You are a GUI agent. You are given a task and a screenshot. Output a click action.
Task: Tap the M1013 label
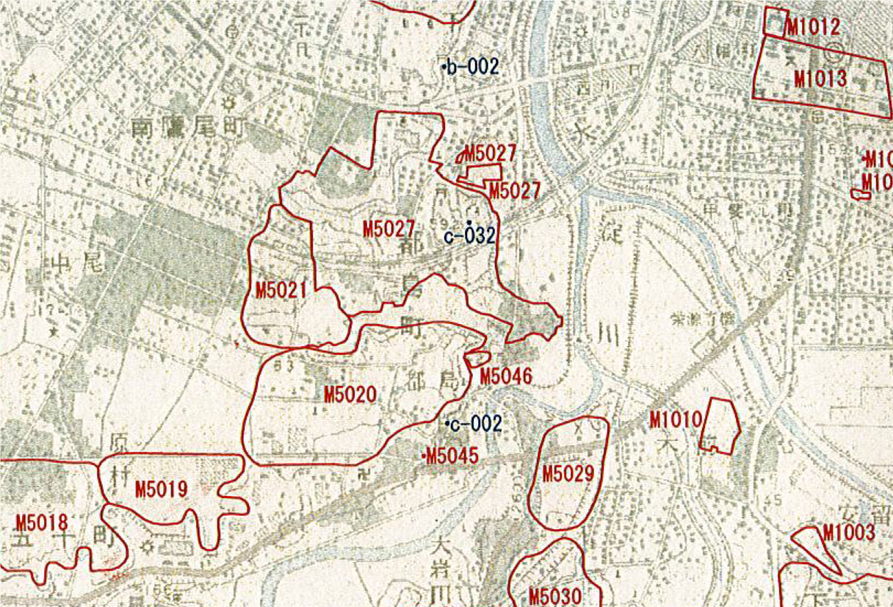pos(820,79)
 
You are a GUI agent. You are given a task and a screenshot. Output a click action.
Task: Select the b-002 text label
pos(474,68)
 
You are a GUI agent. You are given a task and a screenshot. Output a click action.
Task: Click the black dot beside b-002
pos(444,68)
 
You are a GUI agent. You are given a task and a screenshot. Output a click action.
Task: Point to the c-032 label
pos(470,237)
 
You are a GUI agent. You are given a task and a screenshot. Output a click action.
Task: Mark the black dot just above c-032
pos(469,222)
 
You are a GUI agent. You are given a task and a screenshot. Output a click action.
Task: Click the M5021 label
pos(280,290)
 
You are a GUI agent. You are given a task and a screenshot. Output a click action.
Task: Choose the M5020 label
pos(350,395)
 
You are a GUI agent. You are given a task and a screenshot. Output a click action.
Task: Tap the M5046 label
pos(505,377)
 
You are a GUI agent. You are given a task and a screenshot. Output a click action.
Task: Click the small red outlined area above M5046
pos(477,358)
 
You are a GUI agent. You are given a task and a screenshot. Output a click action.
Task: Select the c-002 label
pos(477,424)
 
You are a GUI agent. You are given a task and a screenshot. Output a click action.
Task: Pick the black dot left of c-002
pos(447,423)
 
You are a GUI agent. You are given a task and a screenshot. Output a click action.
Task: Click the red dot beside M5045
pos(424,456)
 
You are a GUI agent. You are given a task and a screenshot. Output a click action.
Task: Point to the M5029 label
pos(568,474)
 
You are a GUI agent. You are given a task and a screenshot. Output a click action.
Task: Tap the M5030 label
pos(555,595)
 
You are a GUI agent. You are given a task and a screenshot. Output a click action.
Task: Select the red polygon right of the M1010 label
pos(720,426)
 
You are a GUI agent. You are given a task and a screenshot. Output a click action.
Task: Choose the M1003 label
pos(849,533)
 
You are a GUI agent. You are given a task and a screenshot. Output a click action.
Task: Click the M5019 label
pos(162,489)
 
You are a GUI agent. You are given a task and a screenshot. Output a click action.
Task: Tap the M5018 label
pos(41,523)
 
